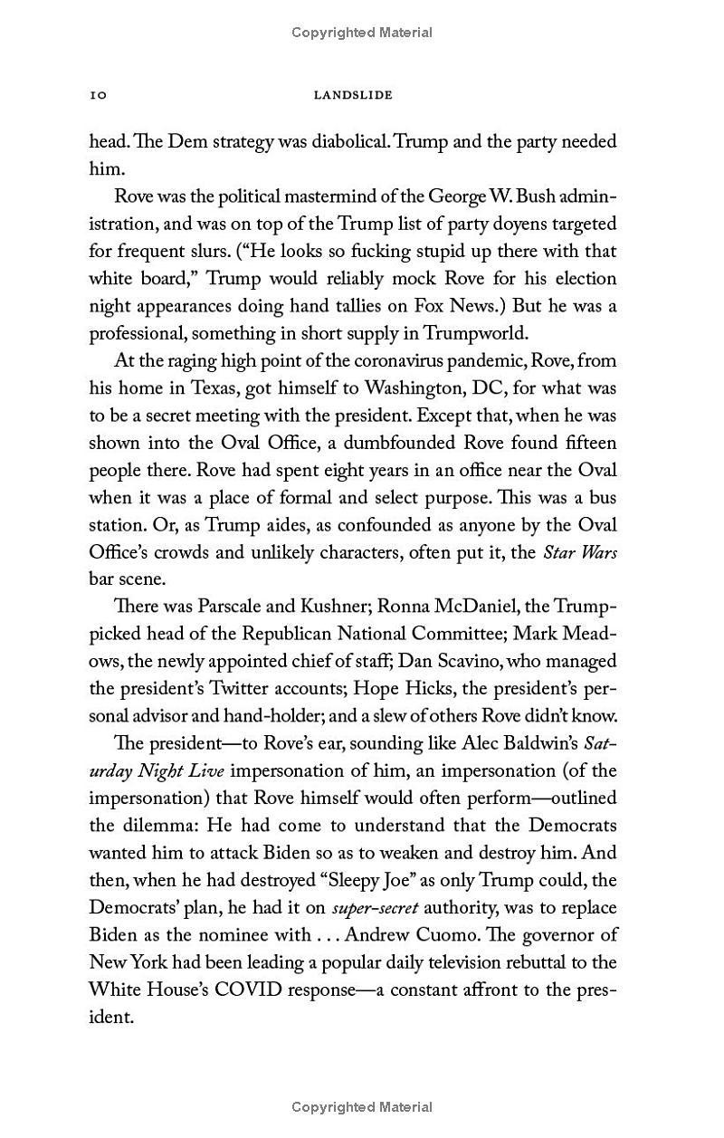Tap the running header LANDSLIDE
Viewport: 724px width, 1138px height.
(352, 95)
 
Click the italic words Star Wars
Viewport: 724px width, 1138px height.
(579, 552)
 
